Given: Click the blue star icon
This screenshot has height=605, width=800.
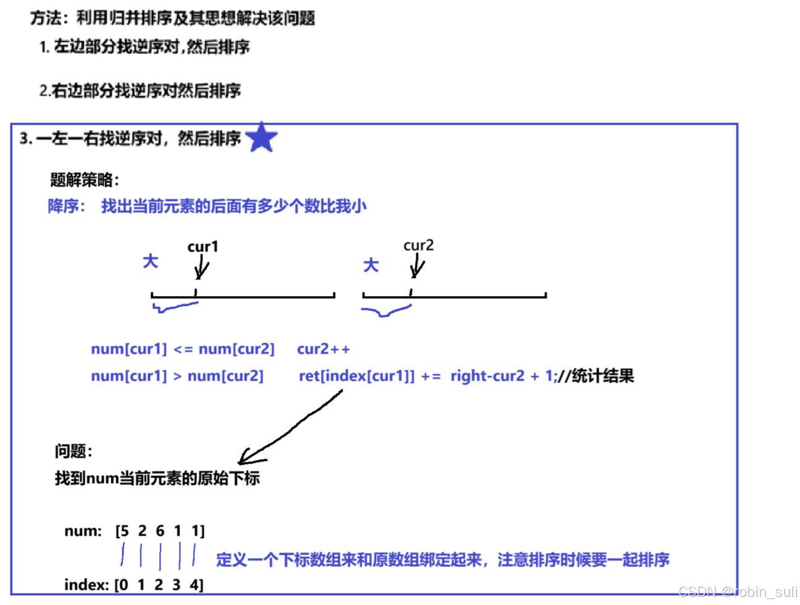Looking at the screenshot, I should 261,137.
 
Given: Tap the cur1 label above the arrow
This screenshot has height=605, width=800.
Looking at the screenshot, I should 203,247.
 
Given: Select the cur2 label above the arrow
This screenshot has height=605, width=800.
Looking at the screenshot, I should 418,246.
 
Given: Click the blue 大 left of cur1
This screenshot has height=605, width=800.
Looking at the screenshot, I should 150,261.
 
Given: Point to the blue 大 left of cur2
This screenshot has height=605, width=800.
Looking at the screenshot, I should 371,265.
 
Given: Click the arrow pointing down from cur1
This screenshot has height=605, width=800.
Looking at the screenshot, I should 201,269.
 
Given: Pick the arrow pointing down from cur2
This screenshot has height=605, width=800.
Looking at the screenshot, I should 417,267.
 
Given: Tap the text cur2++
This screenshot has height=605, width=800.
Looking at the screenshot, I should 323,349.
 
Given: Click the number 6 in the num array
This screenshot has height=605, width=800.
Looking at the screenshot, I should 160,531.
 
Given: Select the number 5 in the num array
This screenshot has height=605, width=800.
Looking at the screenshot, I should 125,531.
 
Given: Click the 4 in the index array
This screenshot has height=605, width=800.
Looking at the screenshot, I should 194,585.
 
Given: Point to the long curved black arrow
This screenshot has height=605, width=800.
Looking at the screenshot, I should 290,429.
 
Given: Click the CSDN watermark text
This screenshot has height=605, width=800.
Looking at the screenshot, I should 738,592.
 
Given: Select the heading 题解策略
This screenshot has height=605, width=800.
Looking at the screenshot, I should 84,180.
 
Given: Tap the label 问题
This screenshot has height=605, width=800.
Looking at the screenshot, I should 73,451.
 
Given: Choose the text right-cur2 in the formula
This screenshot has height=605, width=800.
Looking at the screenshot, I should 487,376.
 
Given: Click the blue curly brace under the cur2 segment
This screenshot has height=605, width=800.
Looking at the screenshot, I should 386,312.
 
